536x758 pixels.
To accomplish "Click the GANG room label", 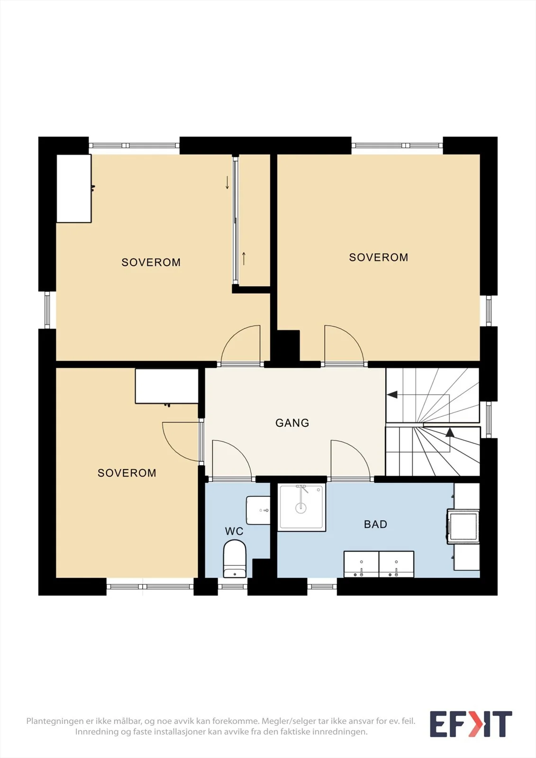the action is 292,423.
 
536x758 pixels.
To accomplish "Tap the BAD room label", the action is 375,524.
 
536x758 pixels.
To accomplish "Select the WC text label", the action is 234,531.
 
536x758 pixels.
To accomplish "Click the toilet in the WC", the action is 235,559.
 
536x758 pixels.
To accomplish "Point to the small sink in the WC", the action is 258,510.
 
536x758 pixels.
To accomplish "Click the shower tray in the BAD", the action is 301,507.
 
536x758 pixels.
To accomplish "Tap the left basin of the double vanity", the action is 361,564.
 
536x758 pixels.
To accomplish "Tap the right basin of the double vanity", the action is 397,564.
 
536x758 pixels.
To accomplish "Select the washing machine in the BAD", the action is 463,526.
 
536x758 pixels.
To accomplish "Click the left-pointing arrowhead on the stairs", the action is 392,395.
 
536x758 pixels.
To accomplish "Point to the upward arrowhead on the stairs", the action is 450,432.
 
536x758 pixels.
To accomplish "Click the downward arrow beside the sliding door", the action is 227,182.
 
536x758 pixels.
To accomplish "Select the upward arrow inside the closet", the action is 244,259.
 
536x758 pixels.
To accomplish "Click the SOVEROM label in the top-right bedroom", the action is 379,257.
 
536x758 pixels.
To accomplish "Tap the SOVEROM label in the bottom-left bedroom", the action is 127,473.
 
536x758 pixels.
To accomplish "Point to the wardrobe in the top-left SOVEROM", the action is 74,189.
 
